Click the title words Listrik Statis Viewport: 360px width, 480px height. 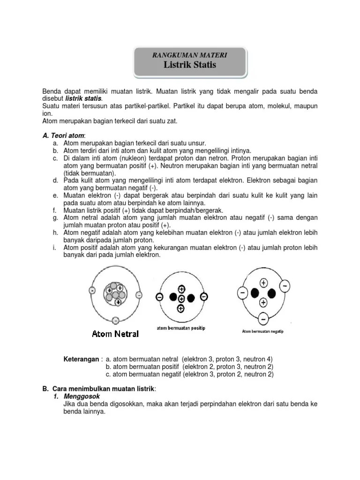click(190, 65)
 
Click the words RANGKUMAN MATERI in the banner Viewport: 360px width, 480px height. click(190, 55)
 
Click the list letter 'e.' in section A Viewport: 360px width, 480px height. click(55, 195)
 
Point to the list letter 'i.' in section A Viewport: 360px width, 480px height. click(55, 248)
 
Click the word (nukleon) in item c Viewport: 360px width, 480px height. click(123, 158)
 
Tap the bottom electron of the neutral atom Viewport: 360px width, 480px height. click(115, 320)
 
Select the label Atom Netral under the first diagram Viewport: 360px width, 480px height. click(115, 334)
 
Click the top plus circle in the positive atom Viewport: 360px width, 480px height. click(181, 288)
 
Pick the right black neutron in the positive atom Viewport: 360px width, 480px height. click(191, 298)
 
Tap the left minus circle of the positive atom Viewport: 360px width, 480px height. click(160, 298)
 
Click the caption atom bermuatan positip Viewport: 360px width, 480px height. click(181, 329)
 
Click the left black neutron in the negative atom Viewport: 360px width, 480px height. click(255, 293)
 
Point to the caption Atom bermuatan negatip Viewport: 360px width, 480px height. click(262, 331)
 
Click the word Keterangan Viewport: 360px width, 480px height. click(81, 359)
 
